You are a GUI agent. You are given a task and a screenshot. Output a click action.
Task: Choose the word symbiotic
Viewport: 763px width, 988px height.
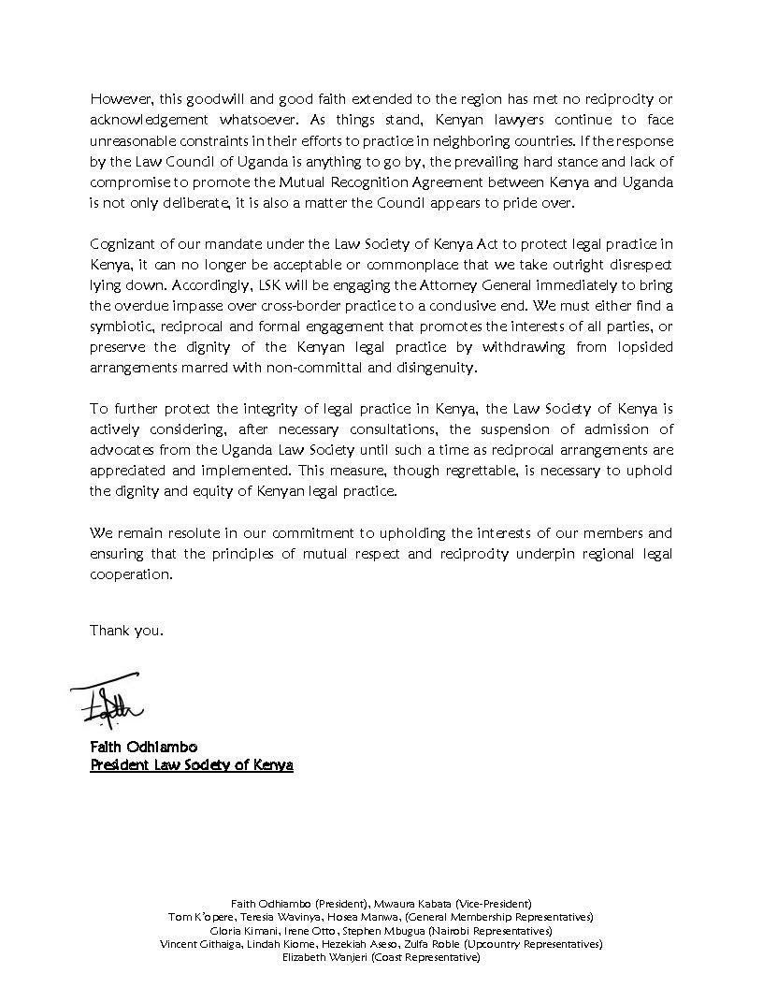pos(122,327)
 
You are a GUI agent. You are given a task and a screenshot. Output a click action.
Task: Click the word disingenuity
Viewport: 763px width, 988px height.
pos(432,369)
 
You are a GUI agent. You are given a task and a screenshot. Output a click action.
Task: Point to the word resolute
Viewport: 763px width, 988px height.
pos(189,533)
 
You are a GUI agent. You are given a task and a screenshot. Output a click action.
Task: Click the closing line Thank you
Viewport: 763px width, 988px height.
pos(126,630)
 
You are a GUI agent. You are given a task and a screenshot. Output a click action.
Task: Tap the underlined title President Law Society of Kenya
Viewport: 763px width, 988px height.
pos(192,764)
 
